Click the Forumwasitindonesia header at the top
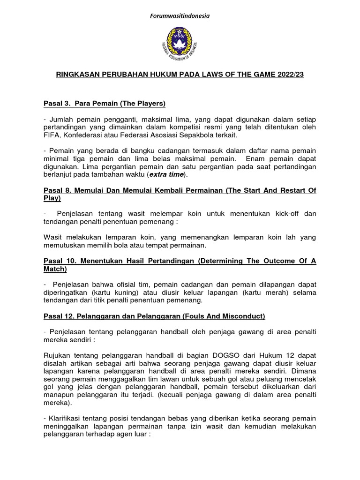tap(180, 16)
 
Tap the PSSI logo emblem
tap(180, 45)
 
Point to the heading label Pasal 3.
tap(57, 103)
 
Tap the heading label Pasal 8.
tap(57, 190)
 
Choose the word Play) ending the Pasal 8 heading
tap(52, 198)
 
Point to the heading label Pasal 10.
tap(59, 262)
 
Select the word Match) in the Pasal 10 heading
tap(55, 269)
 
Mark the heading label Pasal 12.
tap(59, 316)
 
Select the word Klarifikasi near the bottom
tap(67, 418)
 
